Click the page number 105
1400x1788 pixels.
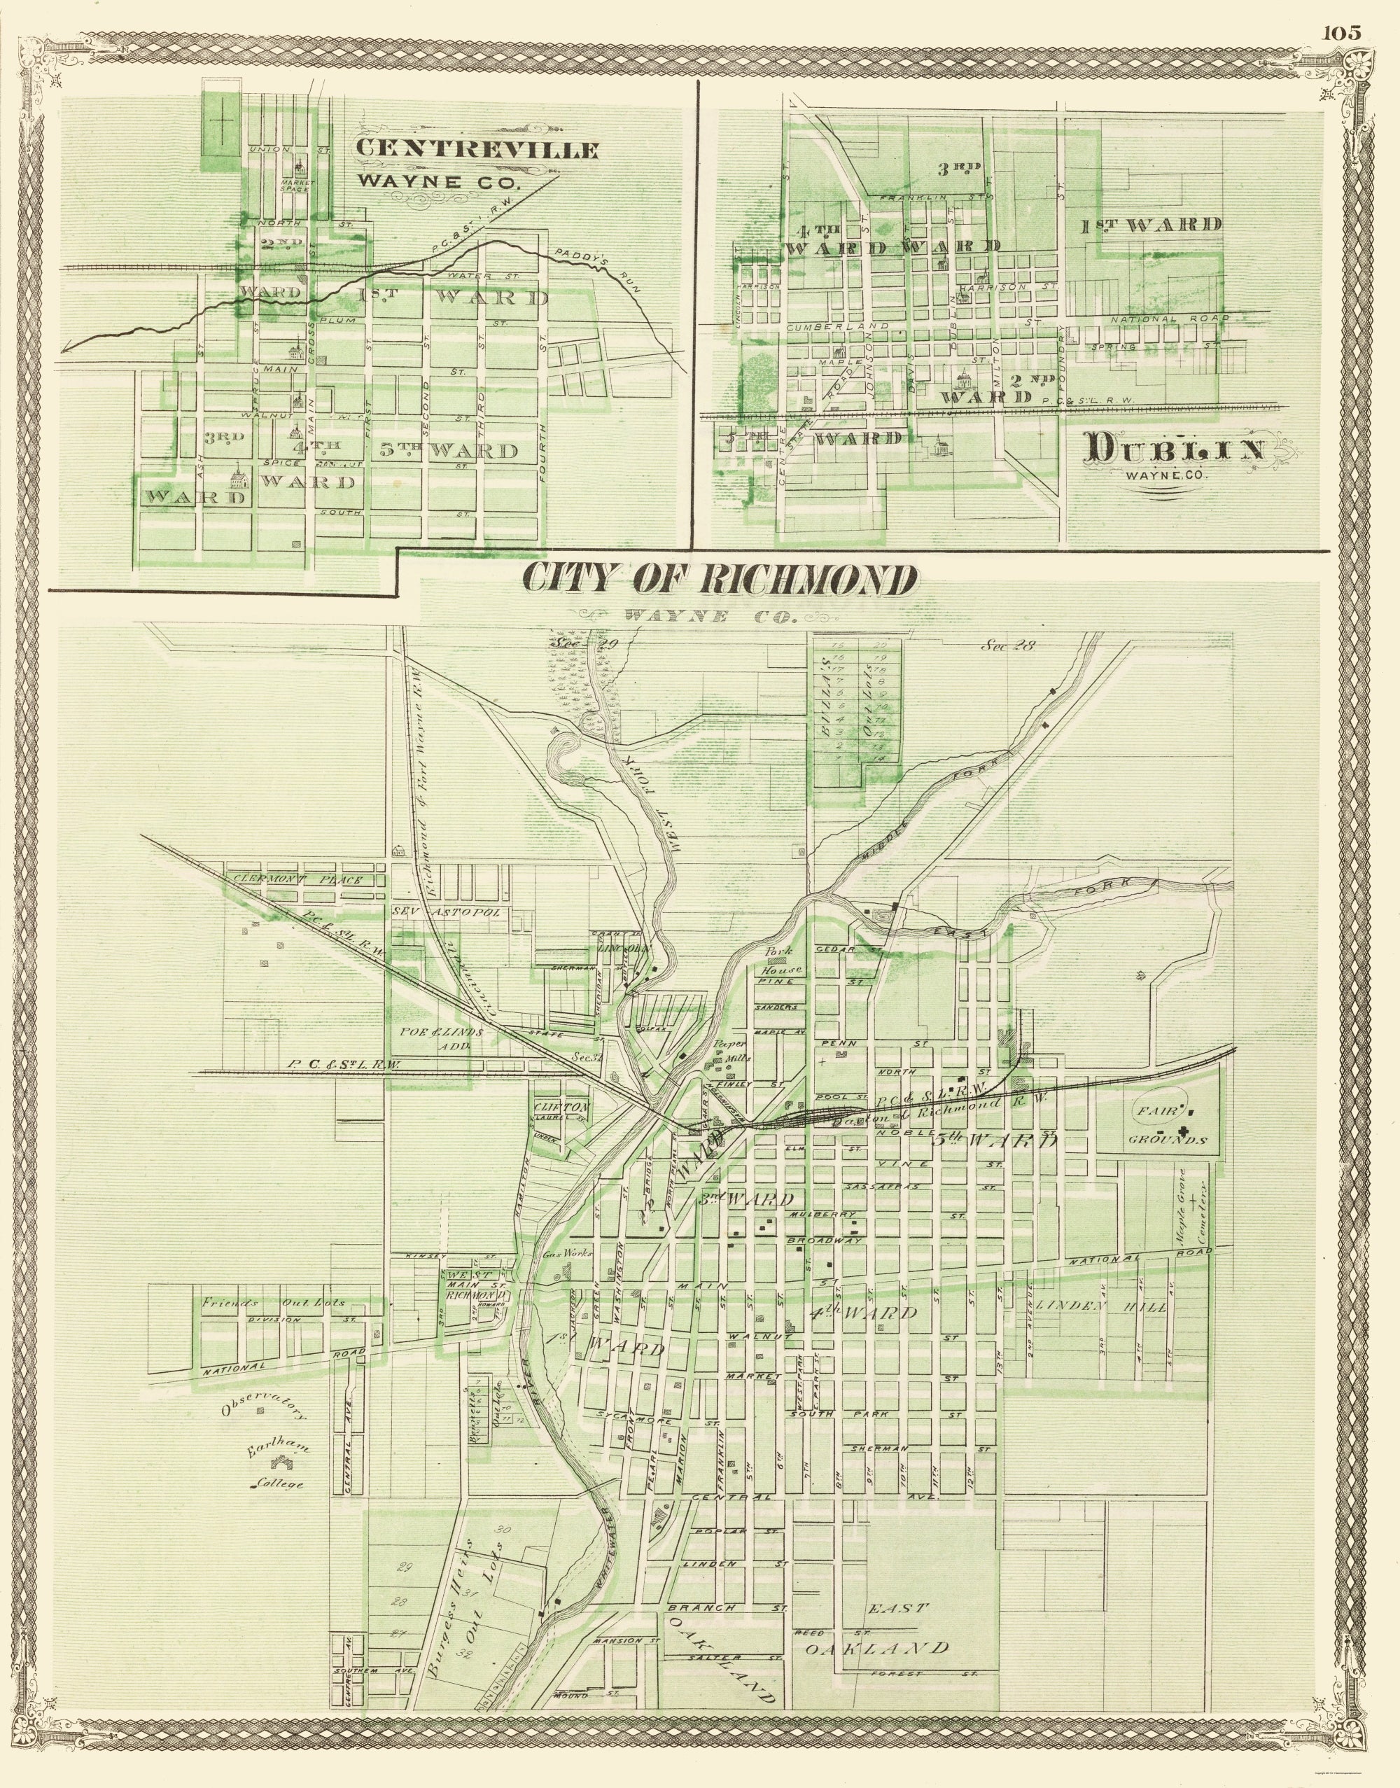1341,33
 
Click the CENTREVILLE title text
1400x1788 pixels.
477,150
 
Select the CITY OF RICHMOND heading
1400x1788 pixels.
719,580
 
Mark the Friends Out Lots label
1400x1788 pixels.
274,1302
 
